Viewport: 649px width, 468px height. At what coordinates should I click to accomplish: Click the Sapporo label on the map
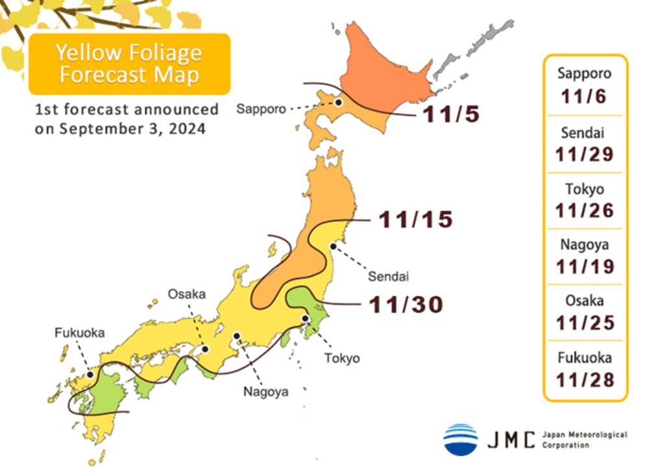tap(260, 109)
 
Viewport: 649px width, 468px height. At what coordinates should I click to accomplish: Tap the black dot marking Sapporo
tap(338, 102)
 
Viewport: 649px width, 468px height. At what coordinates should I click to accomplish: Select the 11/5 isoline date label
tap(451, 114)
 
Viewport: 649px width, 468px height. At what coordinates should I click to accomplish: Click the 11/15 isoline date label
tap(415, 219)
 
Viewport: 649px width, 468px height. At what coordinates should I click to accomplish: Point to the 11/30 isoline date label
tap(406, 304)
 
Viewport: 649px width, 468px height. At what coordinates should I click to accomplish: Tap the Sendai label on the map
tap(389, 277)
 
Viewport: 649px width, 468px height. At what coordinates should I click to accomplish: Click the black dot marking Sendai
tap(333, 245)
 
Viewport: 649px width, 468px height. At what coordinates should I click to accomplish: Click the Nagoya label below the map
tap(265, 391)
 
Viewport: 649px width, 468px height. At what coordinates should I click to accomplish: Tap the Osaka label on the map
tap(187, 294)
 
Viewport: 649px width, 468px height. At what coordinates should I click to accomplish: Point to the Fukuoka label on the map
tap(79, 332)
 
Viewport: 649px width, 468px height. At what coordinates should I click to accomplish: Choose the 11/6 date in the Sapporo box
tap(584, 97)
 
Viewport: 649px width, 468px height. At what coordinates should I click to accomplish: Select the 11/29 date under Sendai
tap(584, 154)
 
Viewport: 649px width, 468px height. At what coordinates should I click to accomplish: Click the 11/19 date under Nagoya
tap(584, 265)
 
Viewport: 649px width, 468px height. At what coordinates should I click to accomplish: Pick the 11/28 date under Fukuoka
tap(584, 380)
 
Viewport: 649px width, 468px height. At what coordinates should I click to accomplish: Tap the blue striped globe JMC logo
tap(461, 439)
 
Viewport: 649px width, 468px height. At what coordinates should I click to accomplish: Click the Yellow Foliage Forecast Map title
tap(129, 63)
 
